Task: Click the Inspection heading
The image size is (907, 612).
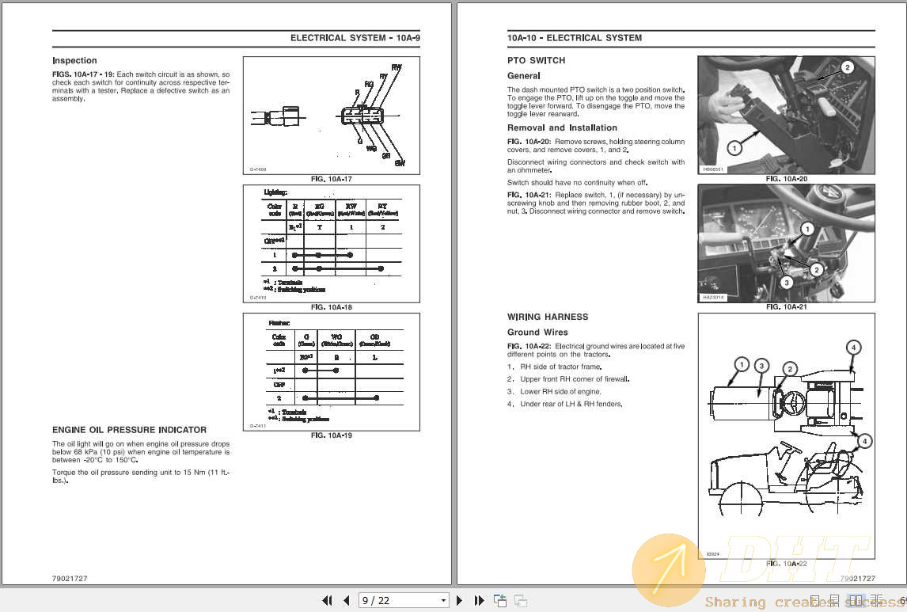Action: [x=74, y=61]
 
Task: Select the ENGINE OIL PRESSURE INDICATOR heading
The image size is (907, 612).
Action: [x=129, y=430]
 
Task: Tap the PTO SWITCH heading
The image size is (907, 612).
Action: [x=536, y=61]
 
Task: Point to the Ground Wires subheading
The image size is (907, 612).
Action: [x=537, y=333]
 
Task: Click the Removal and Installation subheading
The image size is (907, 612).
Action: [x=562, y=128]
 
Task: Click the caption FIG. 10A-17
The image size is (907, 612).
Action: [x=331, y=180]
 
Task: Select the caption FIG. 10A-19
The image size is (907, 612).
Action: [x=331, y=435]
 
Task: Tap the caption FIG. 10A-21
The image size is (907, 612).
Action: [x=786, y=306]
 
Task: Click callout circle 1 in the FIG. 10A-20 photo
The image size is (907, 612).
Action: [x=734, y=148]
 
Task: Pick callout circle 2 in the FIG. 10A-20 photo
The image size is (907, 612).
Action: [x=846, y=68]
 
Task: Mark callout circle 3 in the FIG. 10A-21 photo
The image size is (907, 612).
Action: [x=786, y=282]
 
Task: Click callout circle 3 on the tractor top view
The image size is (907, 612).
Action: [x=761, y=366]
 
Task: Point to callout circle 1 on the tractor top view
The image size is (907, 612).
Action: [x=741, y=365]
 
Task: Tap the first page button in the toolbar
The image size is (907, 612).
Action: [x=327, y=601]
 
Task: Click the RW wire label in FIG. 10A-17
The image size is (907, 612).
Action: [x=396, y=68]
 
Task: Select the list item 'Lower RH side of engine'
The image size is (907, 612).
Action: [x=560, y=392]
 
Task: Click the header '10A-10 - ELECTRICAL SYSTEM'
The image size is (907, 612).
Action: [x=574, y=38]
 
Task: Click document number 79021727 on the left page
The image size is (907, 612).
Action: [x=70, y=579]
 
